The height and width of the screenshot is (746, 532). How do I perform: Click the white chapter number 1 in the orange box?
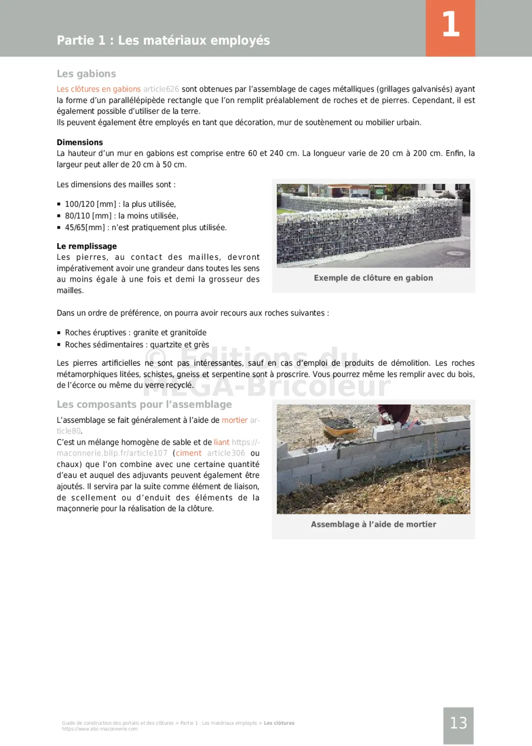(450, 25)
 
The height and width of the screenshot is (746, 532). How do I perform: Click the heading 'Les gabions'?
(86, 74)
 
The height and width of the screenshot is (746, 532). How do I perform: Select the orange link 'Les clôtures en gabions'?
(99, 89)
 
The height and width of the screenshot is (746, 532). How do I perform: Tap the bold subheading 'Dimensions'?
(79, 142)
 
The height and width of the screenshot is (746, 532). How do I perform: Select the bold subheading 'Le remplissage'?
(87, 246)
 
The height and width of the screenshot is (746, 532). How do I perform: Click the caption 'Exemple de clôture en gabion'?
(373, 278)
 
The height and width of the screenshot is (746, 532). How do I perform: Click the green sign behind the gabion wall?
(380, 191)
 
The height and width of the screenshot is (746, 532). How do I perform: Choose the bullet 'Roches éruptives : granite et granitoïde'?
(136, 332)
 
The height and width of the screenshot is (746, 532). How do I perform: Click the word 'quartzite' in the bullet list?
(166, 344)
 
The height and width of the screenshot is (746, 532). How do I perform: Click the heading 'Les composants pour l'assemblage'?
(144, 404)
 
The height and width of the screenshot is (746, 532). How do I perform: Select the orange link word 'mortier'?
(235, 420)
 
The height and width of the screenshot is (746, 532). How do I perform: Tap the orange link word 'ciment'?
(189, 453)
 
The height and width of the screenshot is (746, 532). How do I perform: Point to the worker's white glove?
(385, 416)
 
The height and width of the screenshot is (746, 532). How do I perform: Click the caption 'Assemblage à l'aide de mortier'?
(373, 524)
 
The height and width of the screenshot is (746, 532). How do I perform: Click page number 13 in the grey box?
(458, 723)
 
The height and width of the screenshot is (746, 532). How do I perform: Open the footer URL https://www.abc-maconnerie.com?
(100, 729)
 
